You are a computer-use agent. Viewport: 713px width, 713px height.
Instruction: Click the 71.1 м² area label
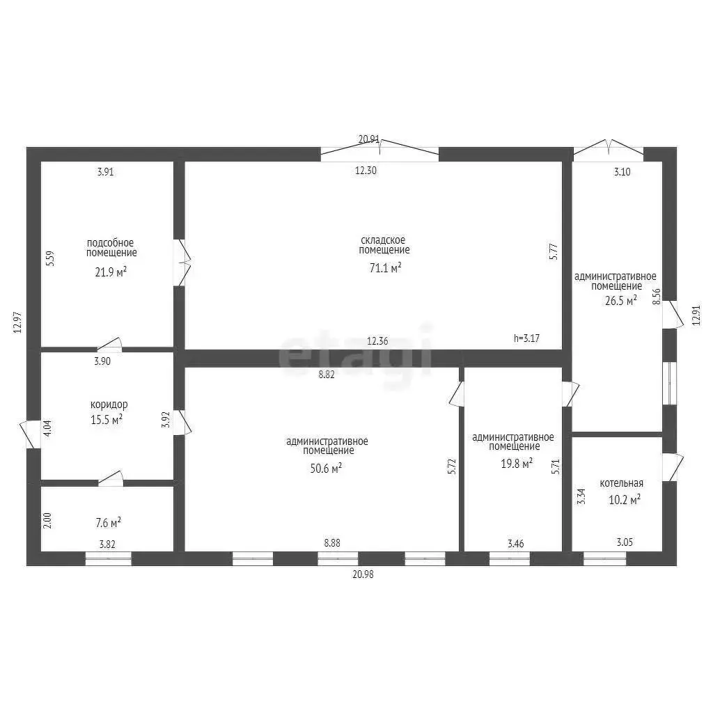385,268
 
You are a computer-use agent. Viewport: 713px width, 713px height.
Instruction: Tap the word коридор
109,405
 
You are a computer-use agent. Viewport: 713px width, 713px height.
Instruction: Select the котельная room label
621,483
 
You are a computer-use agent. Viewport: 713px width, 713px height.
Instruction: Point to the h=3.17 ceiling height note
526,338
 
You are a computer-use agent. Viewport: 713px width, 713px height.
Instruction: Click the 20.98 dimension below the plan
363,574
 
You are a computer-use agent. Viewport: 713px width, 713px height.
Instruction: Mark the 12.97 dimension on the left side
17,322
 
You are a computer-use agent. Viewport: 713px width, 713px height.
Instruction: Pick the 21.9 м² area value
111,272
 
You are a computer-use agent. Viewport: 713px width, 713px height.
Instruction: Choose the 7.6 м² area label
108,522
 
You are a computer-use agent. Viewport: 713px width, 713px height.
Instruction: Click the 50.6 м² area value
326,468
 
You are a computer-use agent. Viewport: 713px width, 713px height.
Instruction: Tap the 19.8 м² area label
517,463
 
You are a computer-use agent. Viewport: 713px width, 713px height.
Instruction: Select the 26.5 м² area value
620,300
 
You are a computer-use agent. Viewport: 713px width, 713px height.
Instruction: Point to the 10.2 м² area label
625,499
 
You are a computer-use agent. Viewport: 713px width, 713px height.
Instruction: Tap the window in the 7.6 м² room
108,558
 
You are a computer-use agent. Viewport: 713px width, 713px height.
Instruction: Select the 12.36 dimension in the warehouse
377,340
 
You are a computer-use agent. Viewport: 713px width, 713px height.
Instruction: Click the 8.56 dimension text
656,297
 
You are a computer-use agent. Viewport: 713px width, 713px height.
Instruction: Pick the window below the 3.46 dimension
510,558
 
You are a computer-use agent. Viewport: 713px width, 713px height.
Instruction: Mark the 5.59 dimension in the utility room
50,258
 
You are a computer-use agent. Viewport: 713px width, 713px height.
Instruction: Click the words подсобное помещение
111,248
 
